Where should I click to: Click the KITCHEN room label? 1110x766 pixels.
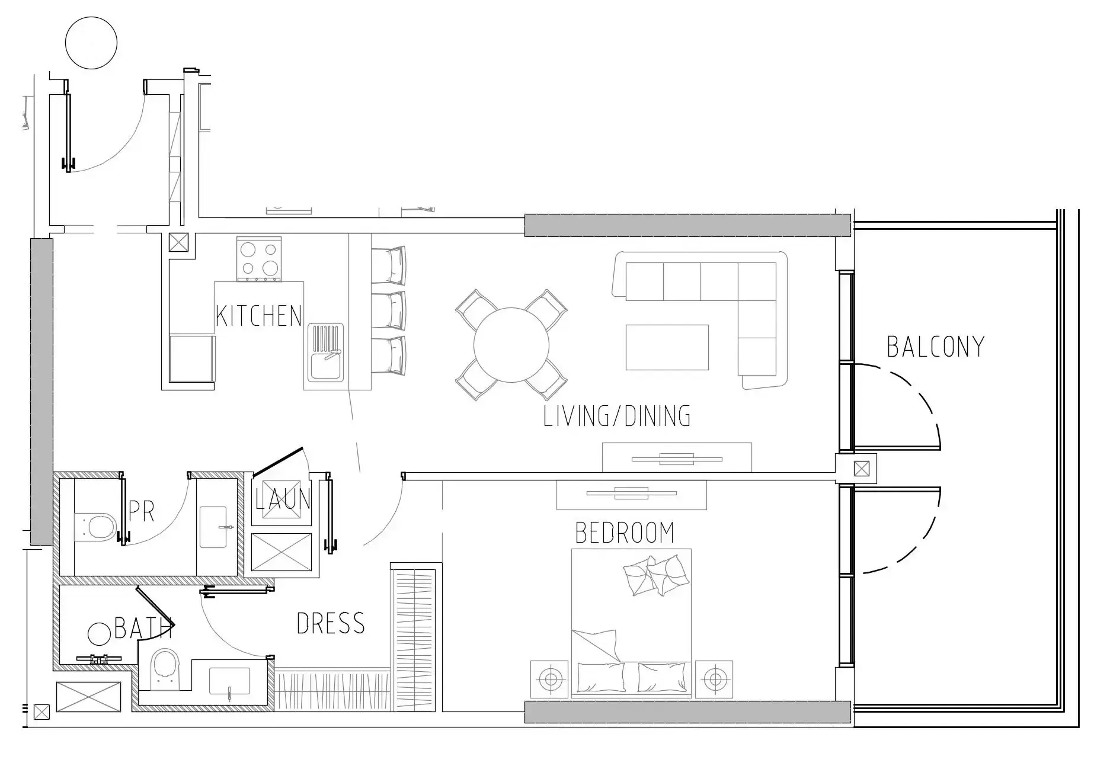tap(259, 316)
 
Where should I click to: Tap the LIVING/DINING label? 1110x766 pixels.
tap(617, 416)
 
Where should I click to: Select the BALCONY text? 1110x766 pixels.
tap(935, 347)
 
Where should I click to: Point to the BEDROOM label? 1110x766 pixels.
tap(625, 533)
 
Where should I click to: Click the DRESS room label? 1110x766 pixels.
tap(331, 623)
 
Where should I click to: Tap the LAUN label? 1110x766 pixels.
tap(283, 499)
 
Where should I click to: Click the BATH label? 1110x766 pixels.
tap(143, 628)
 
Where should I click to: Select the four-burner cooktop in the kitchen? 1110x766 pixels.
tap(259, 259)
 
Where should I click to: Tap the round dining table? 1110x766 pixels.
tap(511, 344)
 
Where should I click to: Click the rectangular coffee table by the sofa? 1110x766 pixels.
tap(667, 347)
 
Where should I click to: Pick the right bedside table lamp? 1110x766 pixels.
tap(714, 678)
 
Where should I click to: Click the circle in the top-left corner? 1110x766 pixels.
tap(91, 43)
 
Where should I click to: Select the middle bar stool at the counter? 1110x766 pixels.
tap(389, 310)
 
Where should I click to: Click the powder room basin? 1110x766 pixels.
tap(214, 527)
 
